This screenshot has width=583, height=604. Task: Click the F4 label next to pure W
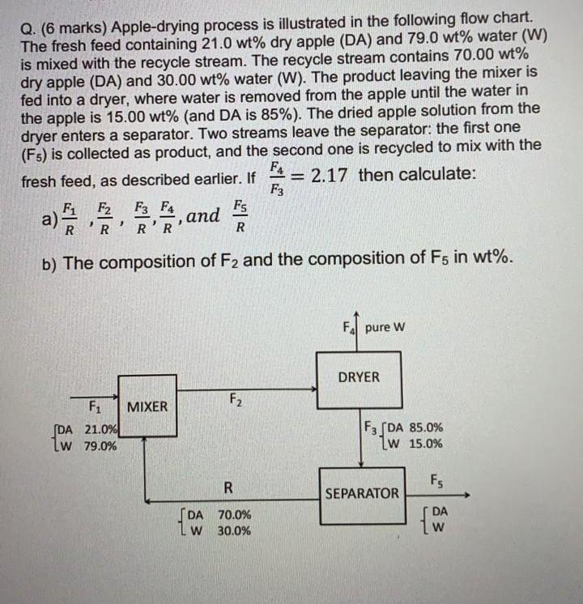pos(350,328)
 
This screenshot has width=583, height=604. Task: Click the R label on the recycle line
pos(229,487)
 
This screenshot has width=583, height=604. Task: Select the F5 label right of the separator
pos(437,478)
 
